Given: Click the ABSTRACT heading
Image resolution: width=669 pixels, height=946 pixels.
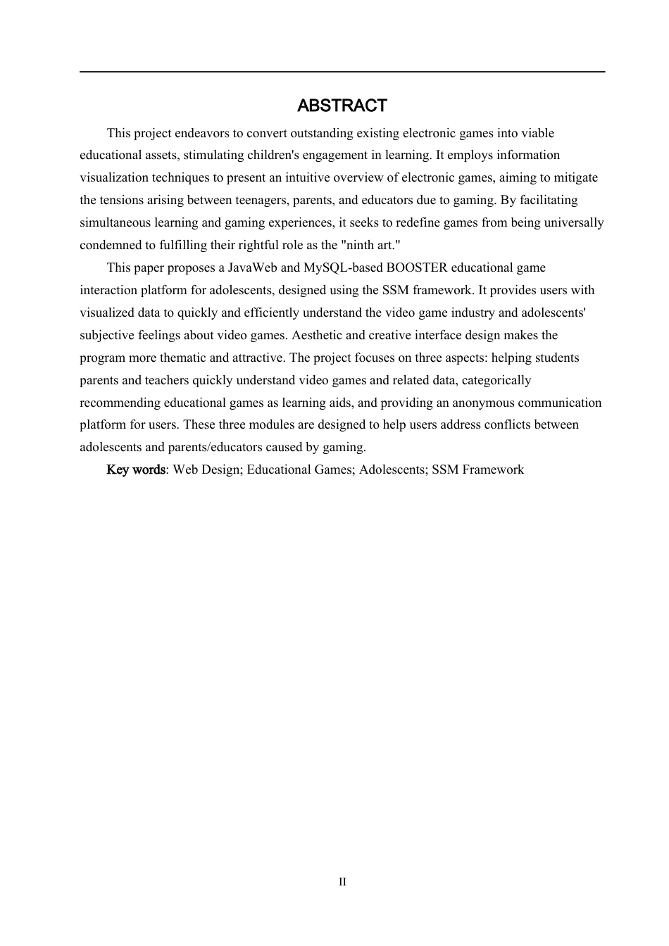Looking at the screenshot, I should pos(342,106).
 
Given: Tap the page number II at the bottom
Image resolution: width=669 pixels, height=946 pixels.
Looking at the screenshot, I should pos(342,882).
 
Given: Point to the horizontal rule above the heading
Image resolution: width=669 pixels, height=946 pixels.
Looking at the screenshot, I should pos(342,72).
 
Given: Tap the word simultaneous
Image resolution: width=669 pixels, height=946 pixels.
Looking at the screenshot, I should pos(113,223).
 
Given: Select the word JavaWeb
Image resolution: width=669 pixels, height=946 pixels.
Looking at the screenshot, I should pos(253,268).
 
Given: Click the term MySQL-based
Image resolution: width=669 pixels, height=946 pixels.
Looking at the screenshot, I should pos(343,268).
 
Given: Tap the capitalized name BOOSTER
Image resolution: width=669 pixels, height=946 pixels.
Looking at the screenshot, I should pos(417,268).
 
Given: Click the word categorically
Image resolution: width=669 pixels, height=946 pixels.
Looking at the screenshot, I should pos(496,380).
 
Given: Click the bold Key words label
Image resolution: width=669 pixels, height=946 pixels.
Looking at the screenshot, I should pos(136,469).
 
